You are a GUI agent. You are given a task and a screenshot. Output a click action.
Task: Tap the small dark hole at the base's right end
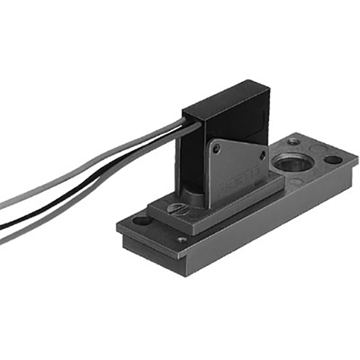click(x=333, y=161)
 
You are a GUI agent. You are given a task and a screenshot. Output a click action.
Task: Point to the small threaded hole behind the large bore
click(x=293, y=142)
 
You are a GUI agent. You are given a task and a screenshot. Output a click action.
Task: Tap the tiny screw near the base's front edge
click(x=182, y=240)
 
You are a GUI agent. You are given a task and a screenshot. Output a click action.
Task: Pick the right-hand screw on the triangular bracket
click(x=262, y=155)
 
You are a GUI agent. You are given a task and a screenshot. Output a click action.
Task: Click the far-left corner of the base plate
click(x=118, y=225)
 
